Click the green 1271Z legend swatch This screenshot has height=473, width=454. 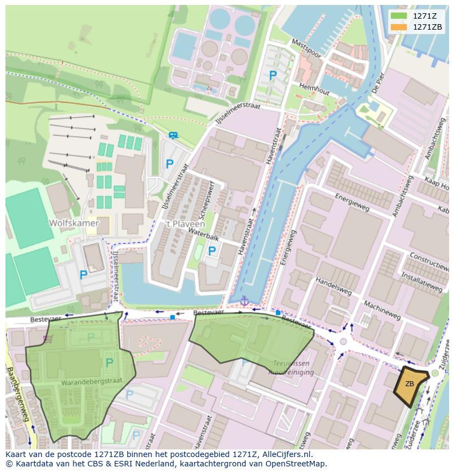coord(399,16)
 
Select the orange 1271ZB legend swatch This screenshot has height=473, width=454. coord(399,27)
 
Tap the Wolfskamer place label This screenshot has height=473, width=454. coord(73,223)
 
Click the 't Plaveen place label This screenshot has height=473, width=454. coord(185,224)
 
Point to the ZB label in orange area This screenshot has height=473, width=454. coord(410,384)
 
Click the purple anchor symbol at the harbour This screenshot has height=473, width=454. coord(244,301)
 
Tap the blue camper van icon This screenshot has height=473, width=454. coord(173,135)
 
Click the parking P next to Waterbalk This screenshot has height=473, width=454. coord(212,251)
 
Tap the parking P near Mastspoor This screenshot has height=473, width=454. coord(273,75)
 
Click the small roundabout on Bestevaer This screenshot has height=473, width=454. coord(344,341)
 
